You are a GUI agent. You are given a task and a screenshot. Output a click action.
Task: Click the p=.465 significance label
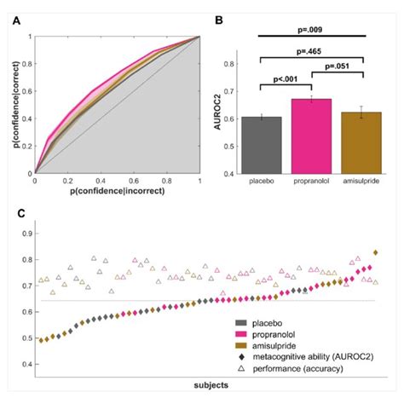click(x=312, y=52)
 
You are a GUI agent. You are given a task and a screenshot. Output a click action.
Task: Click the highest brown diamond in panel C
click(x=376, y=253)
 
